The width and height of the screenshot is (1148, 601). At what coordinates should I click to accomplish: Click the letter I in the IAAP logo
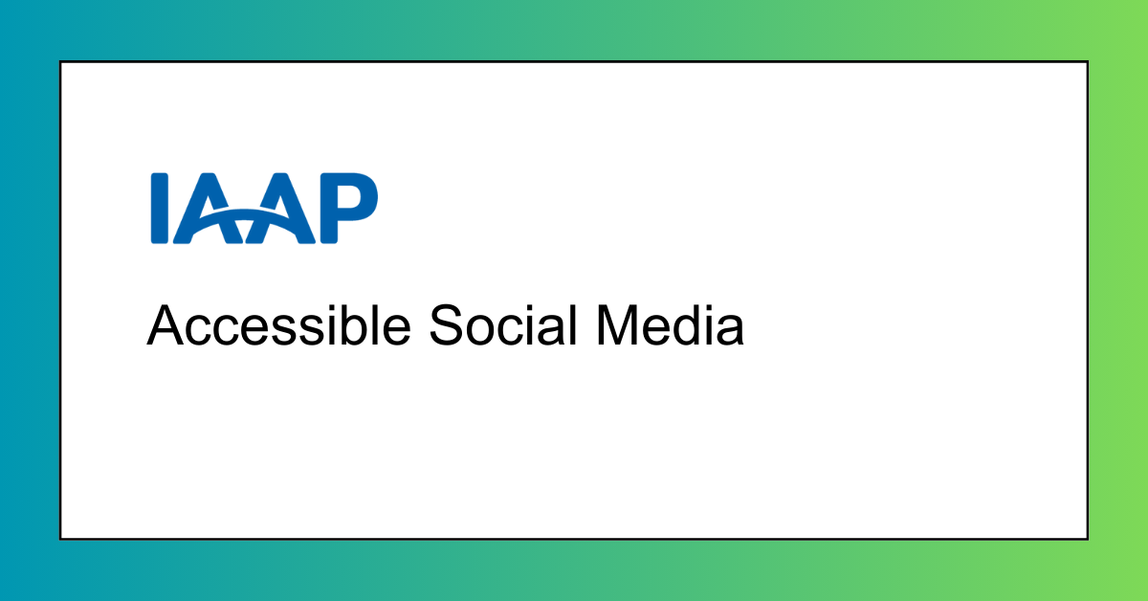coord(160,209)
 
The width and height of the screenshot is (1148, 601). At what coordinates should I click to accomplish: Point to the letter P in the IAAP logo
coord(349,209)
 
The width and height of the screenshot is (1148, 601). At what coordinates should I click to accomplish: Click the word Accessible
coord(278,325)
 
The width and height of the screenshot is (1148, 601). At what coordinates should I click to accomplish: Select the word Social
coord(504,325)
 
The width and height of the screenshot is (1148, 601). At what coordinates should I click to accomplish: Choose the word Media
coord(670,325)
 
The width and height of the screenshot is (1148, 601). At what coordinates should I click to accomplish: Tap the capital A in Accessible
coord(165,325)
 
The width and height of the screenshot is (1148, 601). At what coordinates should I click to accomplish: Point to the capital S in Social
coord(447,325)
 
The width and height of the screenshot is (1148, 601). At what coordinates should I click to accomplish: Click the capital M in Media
coord(617,325)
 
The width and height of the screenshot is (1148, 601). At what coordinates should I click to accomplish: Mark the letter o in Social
coord(483,331)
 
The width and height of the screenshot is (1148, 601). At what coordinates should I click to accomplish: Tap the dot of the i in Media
coord(709,307)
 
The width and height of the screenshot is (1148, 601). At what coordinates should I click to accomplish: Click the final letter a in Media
coord(730,331)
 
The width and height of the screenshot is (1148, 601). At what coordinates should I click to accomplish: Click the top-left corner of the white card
coord(60,61)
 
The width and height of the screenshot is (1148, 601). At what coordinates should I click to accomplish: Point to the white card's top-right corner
coord(1088,61)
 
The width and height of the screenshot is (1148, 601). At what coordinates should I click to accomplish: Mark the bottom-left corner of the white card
coord(60,540)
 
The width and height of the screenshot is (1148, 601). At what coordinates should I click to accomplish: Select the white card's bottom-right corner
coord(1088,540)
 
